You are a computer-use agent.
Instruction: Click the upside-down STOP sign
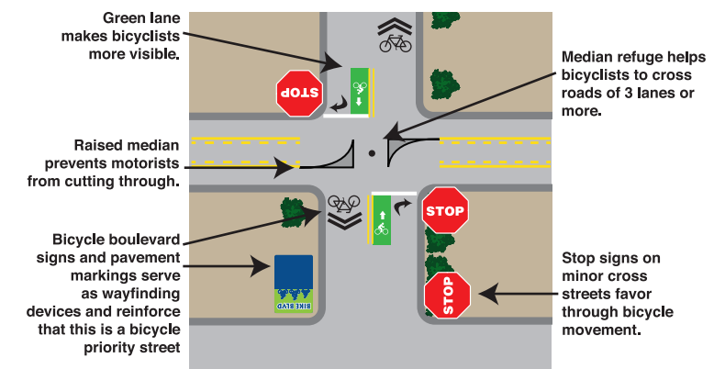point(300,92)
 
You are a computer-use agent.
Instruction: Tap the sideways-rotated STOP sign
point(448,295)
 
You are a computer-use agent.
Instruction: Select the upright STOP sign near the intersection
point(444,211)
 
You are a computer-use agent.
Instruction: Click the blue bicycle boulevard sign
point(294,272)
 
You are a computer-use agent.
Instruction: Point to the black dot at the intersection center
point(371,153)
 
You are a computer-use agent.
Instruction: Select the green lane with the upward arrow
point(381,219)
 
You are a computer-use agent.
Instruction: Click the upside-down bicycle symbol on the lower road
point(342,201)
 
